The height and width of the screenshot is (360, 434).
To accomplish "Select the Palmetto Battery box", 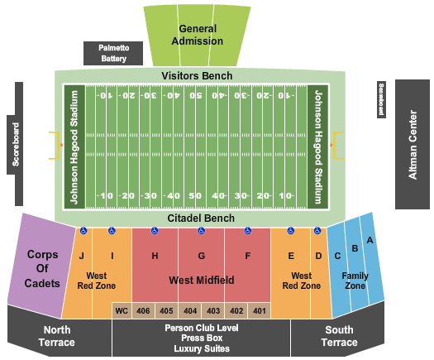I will tap(114, 53).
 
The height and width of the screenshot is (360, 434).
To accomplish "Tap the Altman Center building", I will tap(413, 144).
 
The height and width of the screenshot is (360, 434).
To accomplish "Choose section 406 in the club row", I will tap(144, 311).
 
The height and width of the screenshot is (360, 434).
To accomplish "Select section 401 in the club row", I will tap(260, 311).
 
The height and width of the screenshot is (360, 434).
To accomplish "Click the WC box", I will tap(122, 311).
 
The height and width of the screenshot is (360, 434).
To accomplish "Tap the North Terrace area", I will tap(56, 335).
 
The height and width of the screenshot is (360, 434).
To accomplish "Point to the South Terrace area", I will tap(339, 335).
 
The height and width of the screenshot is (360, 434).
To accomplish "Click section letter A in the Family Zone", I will tap(370, 240).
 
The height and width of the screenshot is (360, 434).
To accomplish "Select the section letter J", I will tap(83, 256).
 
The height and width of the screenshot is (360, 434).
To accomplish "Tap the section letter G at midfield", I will tap(201, 256).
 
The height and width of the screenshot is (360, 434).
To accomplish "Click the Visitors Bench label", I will tap(197, 76).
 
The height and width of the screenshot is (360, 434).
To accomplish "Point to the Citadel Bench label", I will tap(201, 218).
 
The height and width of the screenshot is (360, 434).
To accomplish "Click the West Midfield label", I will tap(201, 281).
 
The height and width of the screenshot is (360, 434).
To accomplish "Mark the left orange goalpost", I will tap(56, 146).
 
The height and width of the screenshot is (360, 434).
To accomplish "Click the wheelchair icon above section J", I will tap(83, 231).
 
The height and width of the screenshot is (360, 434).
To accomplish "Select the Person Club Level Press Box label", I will tap(201, 333).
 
